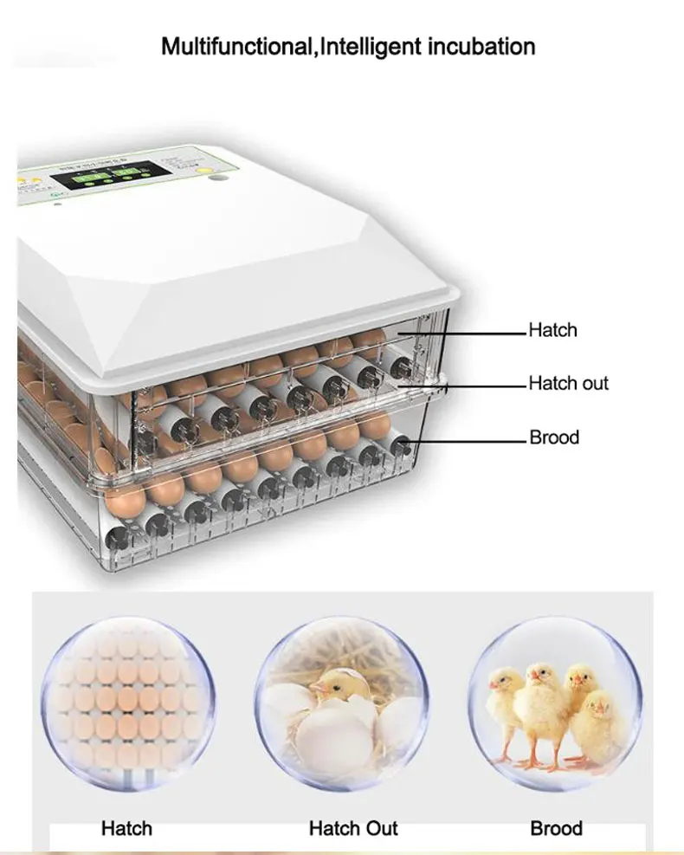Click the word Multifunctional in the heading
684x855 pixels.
(x=237, y=46)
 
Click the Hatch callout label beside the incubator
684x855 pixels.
(x=552, y=330)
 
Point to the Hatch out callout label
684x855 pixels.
(x=568, y=383)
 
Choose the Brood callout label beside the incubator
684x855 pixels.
(x=554, y=437)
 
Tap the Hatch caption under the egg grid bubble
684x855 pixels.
(x=126, y=828)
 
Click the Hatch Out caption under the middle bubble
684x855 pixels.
(x=352, y=828)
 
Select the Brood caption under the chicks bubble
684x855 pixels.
(x=556, y=828)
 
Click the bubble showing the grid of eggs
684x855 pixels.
(x=126, y=698)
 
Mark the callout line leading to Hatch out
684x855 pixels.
(x=481, y=383)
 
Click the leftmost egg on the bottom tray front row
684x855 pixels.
(x=123, y=499)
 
